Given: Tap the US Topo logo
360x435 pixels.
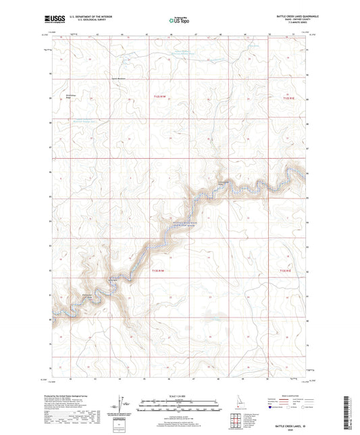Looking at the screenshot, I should click(x=178, y=21).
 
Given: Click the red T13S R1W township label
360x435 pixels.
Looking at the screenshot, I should click(x=157, y=270).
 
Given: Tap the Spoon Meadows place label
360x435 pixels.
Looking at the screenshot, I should click(x=120, y=78).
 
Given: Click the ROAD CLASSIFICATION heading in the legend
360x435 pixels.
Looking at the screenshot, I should click(x=289, y=395).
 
